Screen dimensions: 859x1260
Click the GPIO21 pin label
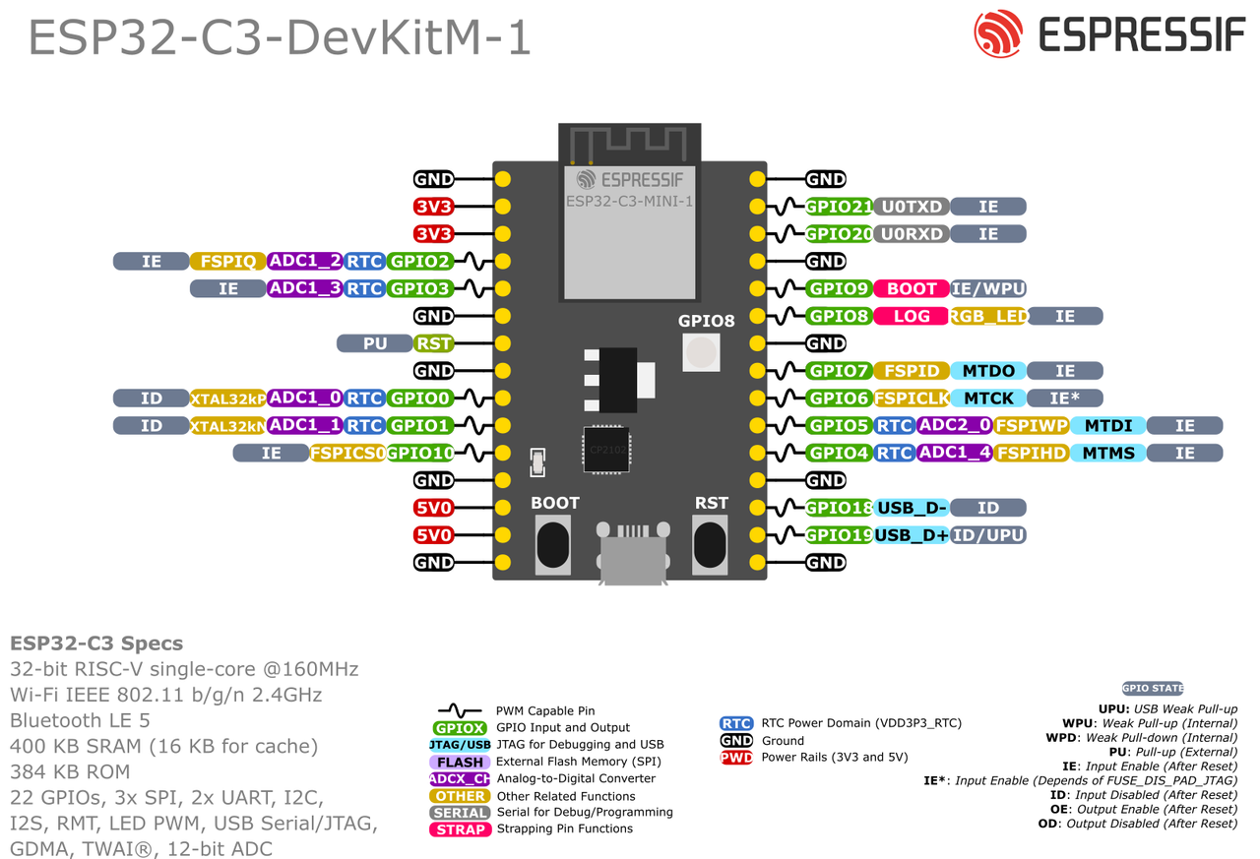[839, 207]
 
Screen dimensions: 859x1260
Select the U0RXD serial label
[912, 234]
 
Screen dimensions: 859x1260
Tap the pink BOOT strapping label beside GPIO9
[912, 289]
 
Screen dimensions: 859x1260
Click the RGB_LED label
[988, 317]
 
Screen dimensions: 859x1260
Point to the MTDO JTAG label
[988, 371]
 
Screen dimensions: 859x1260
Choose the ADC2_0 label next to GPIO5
[953, 426]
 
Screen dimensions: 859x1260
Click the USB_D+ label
[912, 535]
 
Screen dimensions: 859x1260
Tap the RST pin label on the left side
[433, 343]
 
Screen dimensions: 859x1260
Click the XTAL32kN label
[228, 426]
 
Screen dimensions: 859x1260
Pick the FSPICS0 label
[347, 453]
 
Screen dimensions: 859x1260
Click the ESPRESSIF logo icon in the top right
[998, 34]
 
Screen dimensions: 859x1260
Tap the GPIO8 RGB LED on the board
[701, 351]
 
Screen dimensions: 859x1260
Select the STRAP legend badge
[461, 829]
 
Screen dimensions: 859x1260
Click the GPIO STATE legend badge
[1153, 689]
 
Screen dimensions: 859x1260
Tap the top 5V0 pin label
[433, 508]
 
